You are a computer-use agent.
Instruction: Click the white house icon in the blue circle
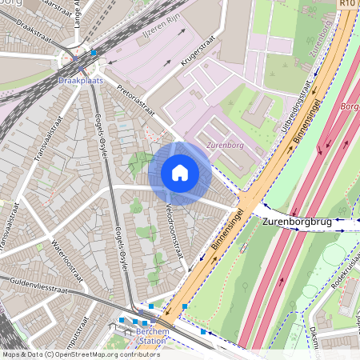tap(180, 173)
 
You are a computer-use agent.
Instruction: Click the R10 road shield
tap(346, 4)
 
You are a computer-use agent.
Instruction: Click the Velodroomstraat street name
tap(174, 232)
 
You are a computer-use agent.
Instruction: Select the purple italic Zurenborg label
tap(224, 146)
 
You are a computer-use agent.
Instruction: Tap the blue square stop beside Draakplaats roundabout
tap(94, 53)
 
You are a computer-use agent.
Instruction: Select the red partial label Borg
tap(350, 106)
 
